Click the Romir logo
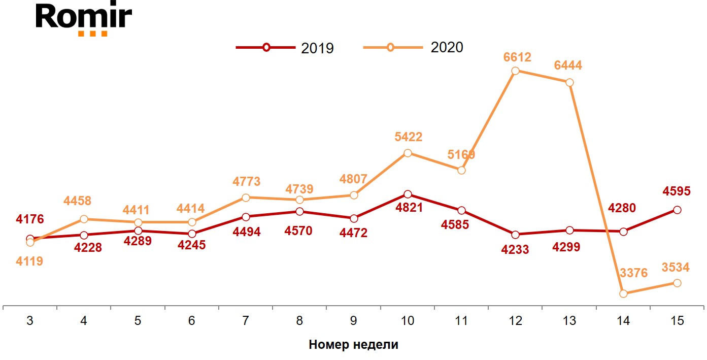coord(84,19)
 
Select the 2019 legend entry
coord(285,48)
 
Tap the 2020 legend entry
coord(413,48)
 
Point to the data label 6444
coord(568,66)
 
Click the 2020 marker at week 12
coord(515,71)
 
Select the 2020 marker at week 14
coord(623,293)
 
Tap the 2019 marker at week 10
coord(408,194)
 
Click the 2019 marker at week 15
coord(677,210)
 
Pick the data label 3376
coord(634,273)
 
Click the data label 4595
coord(676,192)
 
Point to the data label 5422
coord(408,137)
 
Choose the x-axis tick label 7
coord(246,321)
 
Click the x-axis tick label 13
coord(569,321)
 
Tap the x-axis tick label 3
coord(30,321)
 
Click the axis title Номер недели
coord(353,345)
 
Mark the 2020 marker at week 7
coord(246,198)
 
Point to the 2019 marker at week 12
coord(516,235)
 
